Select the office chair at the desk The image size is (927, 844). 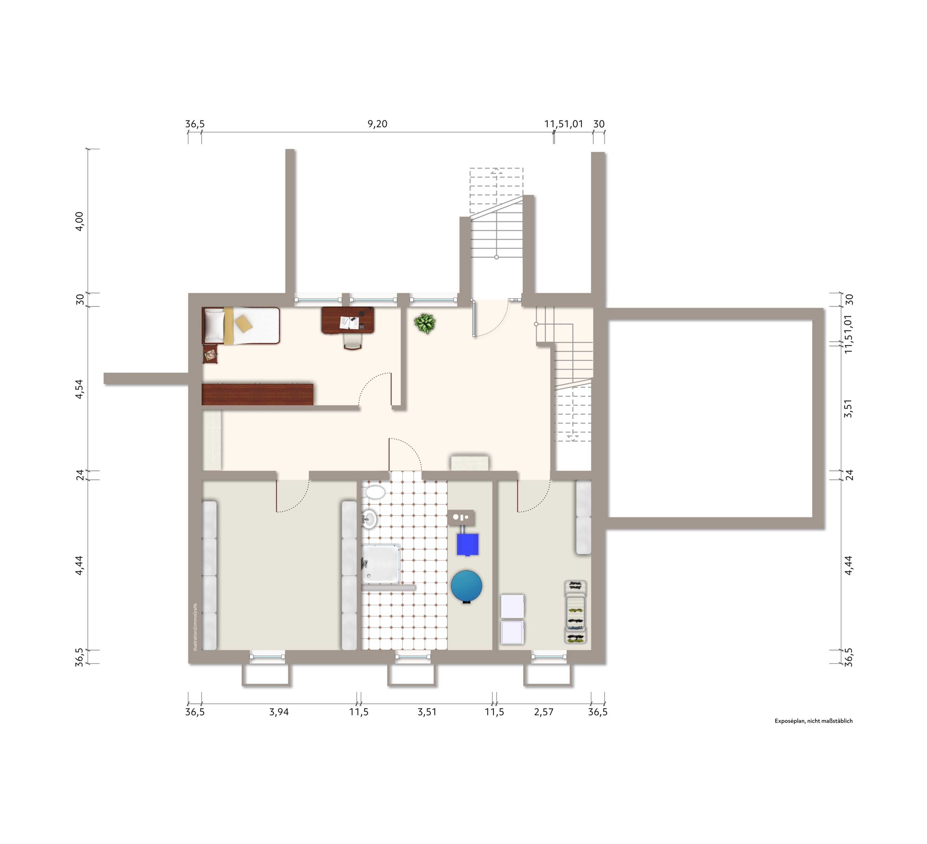353,341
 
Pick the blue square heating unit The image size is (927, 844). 467,544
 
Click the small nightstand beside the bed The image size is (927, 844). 210,354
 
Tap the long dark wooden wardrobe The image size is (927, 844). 257,394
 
